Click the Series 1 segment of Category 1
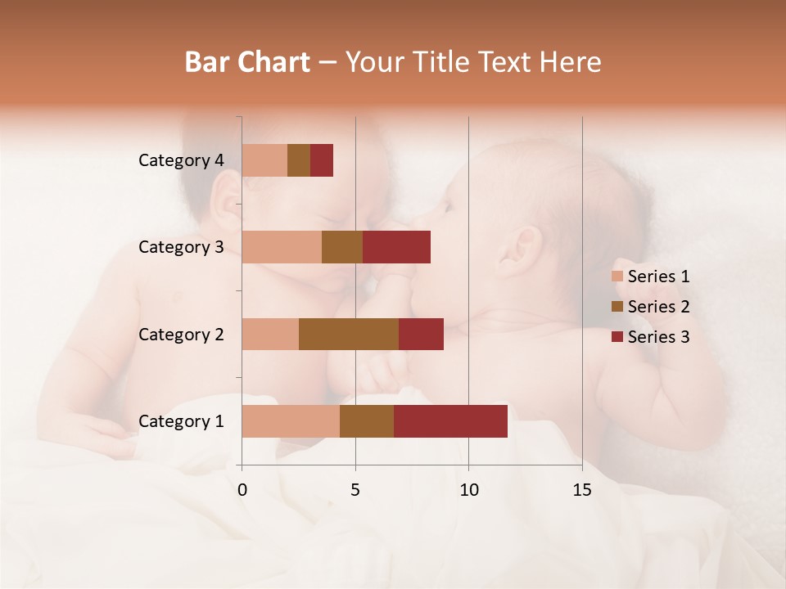pyautogui.click(x=291, y=421)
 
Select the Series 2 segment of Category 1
pyautogui.click(x=367, y=421)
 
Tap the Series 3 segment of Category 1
pyautogui.click(x=450, y=421)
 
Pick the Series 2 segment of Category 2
pyautogui.click(x=349, y=334)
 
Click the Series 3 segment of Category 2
pyautogui.click(x=421, y=334)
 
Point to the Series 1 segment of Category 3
pyautogui.click(x=282, y=247)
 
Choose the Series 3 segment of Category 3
pyautogui.click(x=396, y=247)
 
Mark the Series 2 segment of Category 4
pyautogui.click(x=299, y=160)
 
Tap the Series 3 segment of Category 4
pyautogui.click(x=322, y=160)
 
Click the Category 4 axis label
pyautogui.click(x=181, y=160)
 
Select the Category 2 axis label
pyautogui.click(x=181, y=334)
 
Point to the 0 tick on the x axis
pyautogui.click(x=242, y=490)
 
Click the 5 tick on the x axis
pyautogui.click(x=355, y=490)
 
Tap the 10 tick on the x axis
pyautogui.click(x=468, y=490)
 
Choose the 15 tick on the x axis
pyautogui.click(x=581, y=490)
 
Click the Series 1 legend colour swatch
pyautogui.click(x=617, y=277)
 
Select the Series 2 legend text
pyautogui.click(x=658, y=307)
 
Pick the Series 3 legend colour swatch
pyautogui.click(x=617, y=337)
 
